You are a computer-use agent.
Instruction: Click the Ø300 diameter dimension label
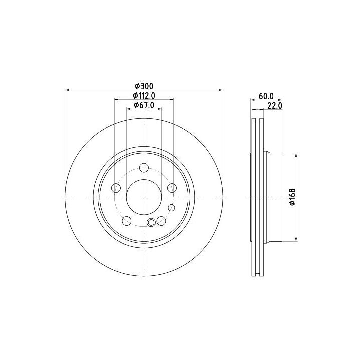coord(144,86)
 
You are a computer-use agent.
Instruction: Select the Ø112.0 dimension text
coord(144,95)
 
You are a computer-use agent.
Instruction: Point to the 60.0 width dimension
coord(266,96)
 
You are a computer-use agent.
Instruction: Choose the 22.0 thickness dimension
coord(274,106)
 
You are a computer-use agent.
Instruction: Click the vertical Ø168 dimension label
coord(292,197)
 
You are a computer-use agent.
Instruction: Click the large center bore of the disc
coord(144,197)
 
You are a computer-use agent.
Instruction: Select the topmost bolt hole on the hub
coord(144,168)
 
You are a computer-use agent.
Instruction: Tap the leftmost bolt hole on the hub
coord(116,188)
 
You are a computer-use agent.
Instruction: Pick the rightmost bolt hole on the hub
coord(172,188)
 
